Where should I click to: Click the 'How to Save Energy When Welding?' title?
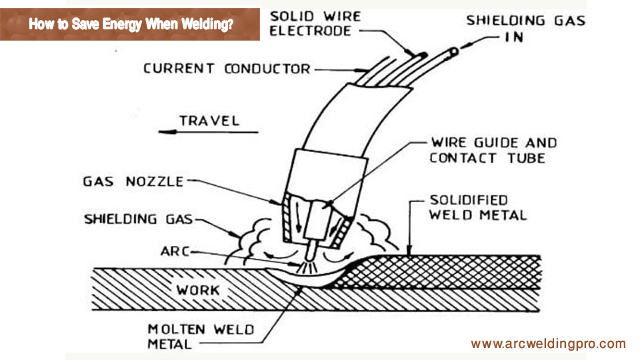click(x=131, y=25)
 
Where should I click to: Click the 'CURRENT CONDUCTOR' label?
click(x=227, y=69)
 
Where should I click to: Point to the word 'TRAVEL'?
click(x=209, y=121)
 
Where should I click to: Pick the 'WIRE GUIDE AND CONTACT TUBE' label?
click(x=493, y=150)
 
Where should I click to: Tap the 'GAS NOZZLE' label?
click(x=133, y=181)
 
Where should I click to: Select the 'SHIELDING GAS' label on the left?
click(x=139, y=219)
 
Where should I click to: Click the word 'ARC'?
click(x=174, y=251)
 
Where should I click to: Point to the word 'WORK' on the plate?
click(x=197, y=290)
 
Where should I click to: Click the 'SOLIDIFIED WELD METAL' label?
click(x=477, y=207)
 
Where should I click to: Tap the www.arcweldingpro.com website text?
click(x=548, y=344)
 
